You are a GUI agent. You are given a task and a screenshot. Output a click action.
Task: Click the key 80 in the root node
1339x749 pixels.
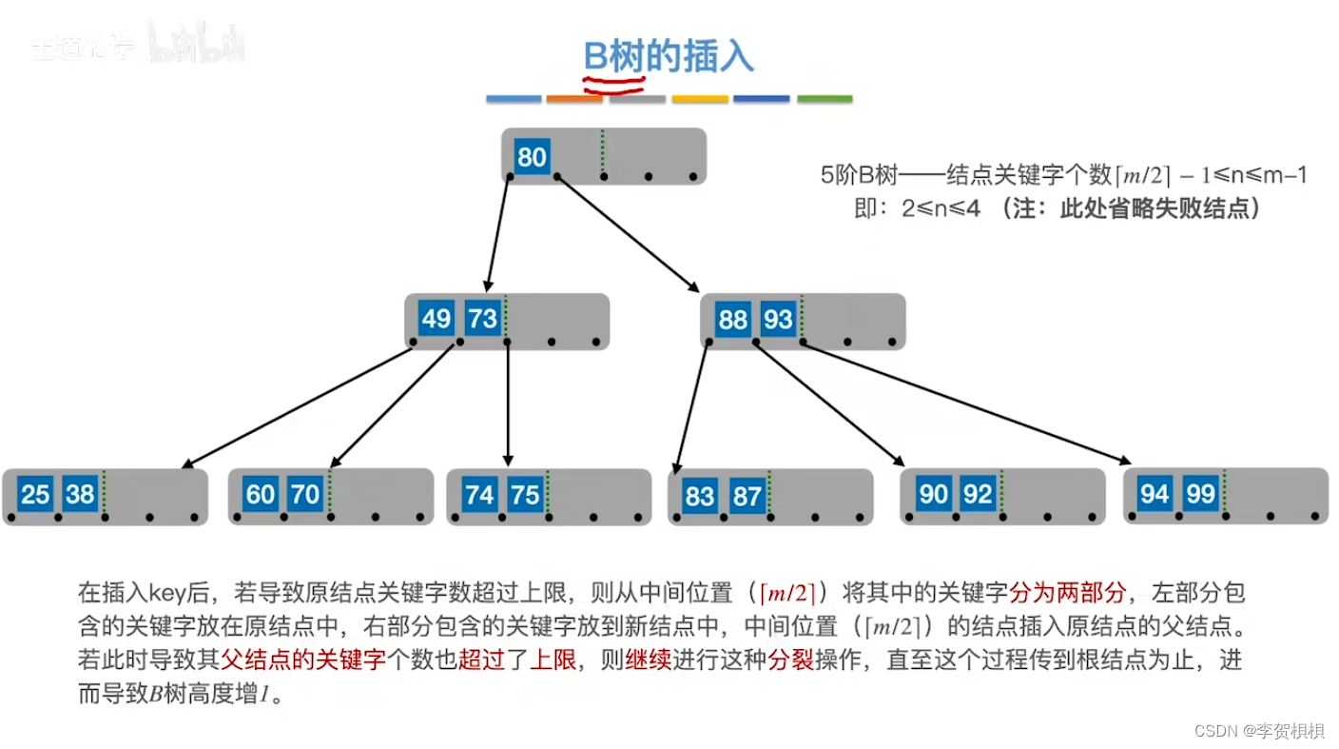tap(532, 156)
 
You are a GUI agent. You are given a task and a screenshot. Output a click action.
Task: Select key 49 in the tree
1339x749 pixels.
tap(436, 318)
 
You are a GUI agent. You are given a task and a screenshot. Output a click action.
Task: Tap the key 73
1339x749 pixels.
tap(482, 318)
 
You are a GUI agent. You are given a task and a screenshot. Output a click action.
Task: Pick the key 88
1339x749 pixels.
tap(732, 319)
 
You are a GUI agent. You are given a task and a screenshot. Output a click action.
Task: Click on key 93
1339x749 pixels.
tap(778, 319)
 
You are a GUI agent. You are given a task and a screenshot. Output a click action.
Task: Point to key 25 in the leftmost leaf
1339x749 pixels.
tap(34, 494)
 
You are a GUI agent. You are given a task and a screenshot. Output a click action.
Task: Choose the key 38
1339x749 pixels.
tap(80, 494)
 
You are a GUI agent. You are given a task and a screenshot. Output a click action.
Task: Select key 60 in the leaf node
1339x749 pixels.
tap(260, 494)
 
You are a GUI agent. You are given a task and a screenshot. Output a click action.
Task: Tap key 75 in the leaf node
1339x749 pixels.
tap(524, 494)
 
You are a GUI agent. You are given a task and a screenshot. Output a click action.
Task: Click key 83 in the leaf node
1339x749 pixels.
tap(700, 496)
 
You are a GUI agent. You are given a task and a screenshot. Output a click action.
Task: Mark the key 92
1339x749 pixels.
tap(978, 494)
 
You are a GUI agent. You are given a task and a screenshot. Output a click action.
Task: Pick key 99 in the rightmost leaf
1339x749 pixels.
tap(1201, 493)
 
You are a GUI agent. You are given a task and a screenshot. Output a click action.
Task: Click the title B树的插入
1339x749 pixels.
tap(669, 57)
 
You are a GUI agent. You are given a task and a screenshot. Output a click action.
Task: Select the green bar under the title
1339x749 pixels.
tap(825, 99)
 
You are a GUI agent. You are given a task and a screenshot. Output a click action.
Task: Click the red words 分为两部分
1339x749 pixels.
tap(1067, 594)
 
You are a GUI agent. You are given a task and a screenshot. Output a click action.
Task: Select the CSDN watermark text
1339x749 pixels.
tap(1258, 731)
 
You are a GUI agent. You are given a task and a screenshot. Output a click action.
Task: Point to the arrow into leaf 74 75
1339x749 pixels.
tap(508, 404)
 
